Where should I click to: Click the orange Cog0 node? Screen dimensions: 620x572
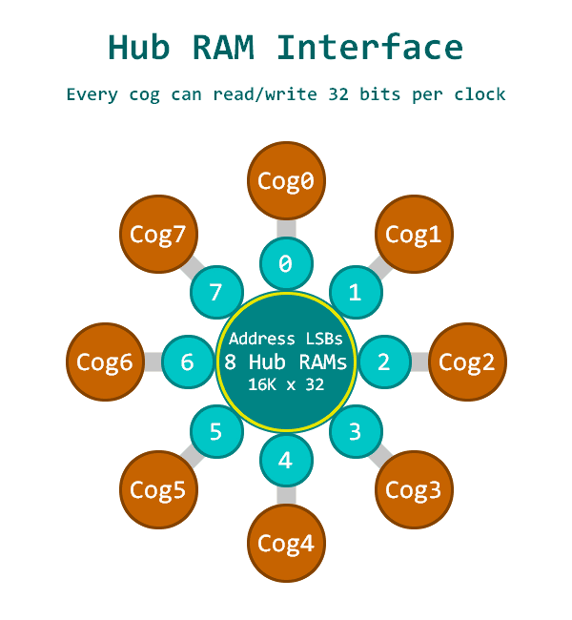pos(286,180)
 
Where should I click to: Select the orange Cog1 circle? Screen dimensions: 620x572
pos(413,234)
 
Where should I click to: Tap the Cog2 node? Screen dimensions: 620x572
pos(467,362)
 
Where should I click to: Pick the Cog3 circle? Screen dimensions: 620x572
pos(413,490)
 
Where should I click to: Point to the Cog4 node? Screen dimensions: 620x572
pos(286,544)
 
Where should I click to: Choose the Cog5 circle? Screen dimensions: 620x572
pos(158,490)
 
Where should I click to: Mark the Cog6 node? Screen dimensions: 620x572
pos(105,362)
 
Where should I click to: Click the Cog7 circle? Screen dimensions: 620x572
pos(158,234)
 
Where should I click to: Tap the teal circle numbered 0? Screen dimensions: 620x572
pos(286,263)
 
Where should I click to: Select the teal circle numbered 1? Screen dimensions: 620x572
pos(356,292)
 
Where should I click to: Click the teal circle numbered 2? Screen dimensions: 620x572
pos(384,362)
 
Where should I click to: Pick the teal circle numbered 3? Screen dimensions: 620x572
pos(356,432)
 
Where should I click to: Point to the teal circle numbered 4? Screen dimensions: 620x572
pos(286,461)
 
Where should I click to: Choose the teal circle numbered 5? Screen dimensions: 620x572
pos(216,432)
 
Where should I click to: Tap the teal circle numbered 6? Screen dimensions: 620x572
pos(188,362)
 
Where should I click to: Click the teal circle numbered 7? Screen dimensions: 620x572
pos(216,292)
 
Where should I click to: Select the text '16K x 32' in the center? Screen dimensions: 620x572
pos(286,385)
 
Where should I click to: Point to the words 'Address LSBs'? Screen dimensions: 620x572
pos(286,339)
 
